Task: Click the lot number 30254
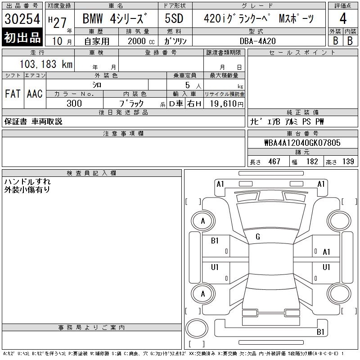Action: click(x=22, y=19)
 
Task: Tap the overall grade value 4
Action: click(x=343, y=18)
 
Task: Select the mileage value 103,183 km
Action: click(x=46, y=64)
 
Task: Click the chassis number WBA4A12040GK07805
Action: click(x=302, y=143)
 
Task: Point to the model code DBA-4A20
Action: click(x=257, y=41)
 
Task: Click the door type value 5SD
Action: click(x=174, y=18)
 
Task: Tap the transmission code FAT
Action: click(x=13, y=94)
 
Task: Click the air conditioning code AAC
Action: click(x=35, y=94)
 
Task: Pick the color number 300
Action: click(x=74, y=103)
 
